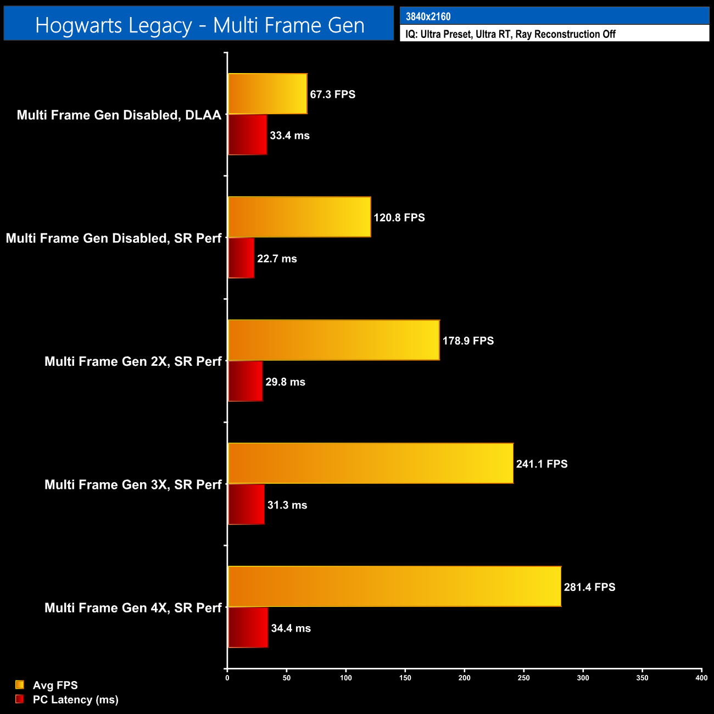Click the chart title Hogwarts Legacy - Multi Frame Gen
tap(199, 25)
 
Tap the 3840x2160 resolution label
tap(428, 16)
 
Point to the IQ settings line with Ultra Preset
tap(510, 34)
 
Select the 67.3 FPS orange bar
tap(267, 94)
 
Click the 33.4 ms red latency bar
tap(248, 135)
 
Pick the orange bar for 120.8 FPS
tap(299, 217)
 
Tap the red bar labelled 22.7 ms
tap(241, 258)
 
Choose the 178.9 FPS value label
tap(468, 341)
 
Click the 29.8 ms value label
tap(285, 382)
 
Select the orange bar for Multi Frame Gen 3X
tap(371, 464)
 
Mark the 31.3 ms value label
tap(287, 505)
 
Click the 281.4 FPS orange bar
tap(394, 587)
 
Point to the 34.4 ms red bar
tap(248, 628)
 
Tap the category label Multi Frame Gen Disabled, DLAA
tap(119, 115)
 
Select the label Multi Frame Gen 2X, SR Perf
tap(133, 361)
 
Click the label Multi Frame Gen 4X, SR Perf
tap(133, 607)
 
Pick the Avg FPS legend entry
tap(55, 685)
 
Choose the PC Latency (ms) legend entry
tap(75, 699)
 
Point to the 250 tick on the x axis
tap(523, 678)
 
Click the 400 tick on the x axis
tap(701, 678)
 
